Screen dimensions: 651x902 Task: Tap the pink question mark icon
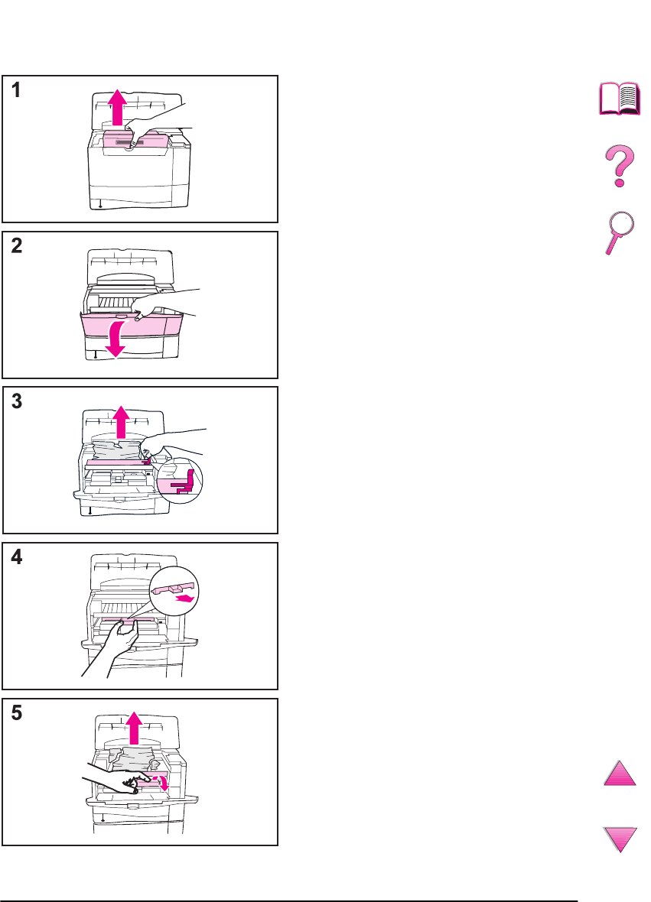click(618, 167)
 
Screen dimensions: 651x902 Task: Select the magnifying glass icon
click(617, 232)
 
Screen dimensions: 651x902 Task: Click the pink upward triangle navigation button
click(620, 772)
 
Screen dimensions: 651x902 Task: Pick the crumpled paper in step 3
click(119, 450)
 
